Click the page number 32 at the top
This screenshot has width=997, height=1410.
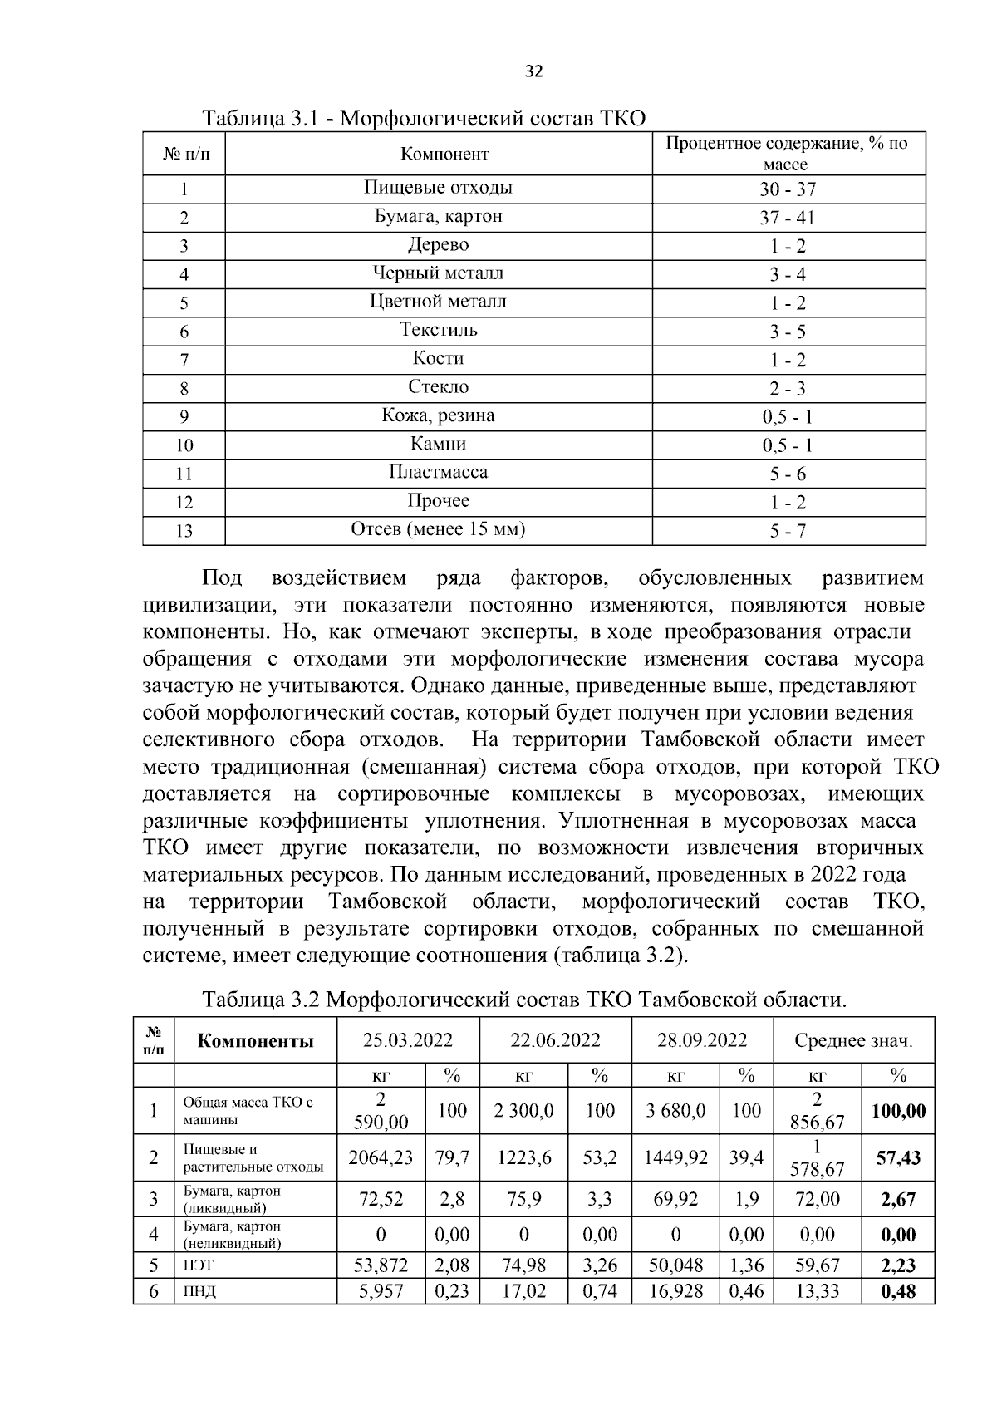[x=534, y=71]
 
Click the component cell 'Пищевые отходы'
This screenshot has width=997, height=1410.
[x=438, y=188]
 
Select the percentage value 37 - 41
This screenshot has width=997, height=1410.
[x=788, y=218]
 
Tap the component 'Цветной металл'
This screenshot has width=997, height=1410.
[x=438, y=302]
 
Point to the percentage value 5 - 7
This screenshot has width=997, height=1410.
[x=788, y=531]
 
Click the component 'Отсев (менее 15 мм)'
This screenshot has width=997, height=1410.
[x=438, y=529]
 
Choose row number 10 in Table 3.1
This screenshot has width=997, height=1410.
[x=184, y=445]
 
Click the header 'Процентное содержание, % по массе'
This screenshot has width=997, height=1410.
[x=788, y=154]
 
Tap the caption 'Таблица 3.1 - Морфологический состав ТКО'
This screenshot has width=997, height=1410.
[x=424, y=117]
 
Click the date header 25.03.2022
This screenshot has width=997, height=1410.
[x=408, y=1040]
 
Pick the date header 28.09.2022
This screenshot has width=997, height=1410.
[x=702, y=1040]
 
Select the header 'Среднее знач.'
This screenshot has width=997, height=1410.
[x=853, y=1040]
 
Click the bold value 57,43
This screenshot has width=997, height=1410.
[x=898, y=1157]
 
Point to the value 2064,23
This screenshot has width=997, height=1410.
[x=381, y=1157]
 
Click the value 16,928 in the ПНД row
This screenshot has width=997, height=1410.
[x=675, y=1291]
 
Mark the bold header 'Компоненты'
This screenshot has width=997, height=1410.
[x=255, y=1040]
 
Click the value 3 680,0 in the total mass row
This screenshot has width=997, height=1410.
[x=675, y=1110]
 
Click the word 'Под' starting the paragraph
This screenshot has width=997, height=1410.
[x=222, y=578]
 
